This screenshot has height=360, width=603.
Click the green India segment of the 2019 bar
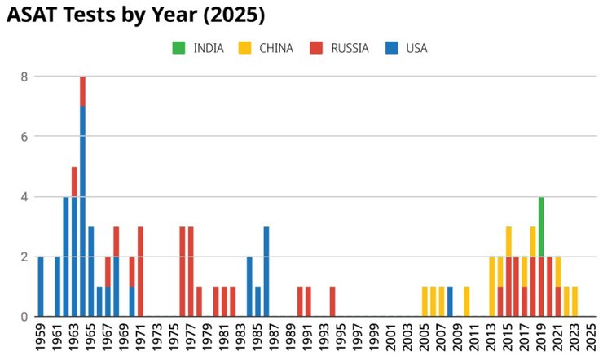pos(541,226)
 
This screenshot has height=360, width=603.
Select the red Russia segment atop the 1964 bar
pos(82,91)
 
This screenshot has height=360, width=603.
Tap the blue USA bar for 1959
pos(41,286)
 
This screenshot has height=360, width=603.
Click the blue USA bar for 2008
pos(450,301)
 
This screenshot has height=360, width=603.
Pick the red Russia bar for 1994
pos(332,301)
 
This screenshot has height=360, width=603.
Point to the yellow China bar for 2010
pos(466,301)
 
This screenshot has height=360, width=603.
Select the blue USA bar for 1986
pos(266,271)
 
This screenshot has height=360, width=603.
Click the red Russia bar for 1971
pos(140,271)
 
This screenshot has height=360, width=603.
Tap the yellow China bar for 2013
pos(491,286)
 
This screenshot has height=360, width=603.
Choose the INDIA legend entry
pos(200,48)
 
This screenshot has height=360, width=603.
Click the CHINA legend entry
pos(266,48)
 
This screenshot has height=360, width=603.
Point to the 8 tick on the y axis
pos(24,77)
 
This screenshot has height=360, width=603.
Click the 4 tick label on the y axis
pos(24,196)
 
